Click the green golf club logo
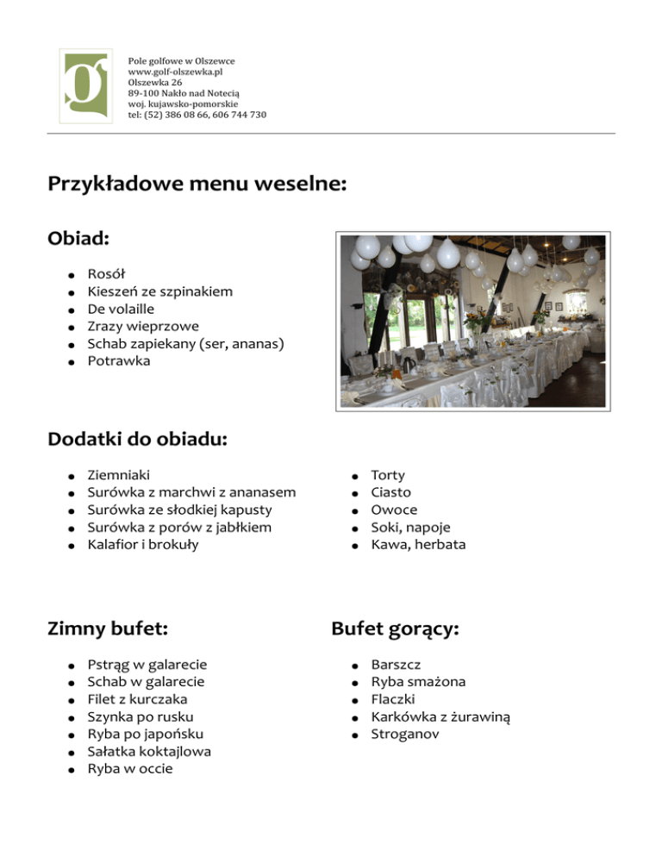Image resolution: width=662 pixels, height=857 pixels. point(84,86)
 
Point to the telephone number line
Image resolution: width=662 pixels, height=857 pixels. point(197,115)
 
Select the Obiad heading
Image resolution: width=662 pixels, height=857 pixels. point(78,236)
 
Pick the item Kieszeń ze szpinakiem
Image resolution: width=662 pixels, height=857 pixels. point(159,291)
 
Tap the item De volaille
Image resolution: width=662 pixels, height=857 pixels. point(121,309)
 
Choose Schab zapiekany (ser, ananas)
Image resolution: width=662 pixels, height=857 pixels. point(185,343)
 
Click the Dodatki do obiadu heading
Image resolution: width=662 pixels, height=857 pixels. point(137,440)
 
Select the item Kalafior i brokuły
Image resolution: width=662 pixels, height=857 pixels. point(142,544)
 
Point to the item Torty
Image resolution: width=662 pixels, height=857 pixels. point(388,475)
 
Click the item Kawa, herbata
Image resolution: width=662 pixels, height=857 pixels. point(418,544)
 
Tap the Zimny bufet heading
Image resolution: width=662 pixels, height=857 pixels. point(108,629)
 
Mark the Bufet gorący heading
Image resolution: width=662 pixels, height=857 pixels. point(395,629)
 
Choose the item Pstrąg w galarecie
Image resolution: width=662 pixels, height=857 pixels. point(147,665)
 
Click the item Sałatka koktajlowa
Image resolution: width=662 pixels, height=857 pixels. point(149,751)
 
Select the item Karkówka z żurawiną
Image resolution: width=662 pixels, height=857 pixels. point(440,716)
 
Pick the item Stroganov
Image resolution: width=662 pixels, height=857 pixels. point(404,734)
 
